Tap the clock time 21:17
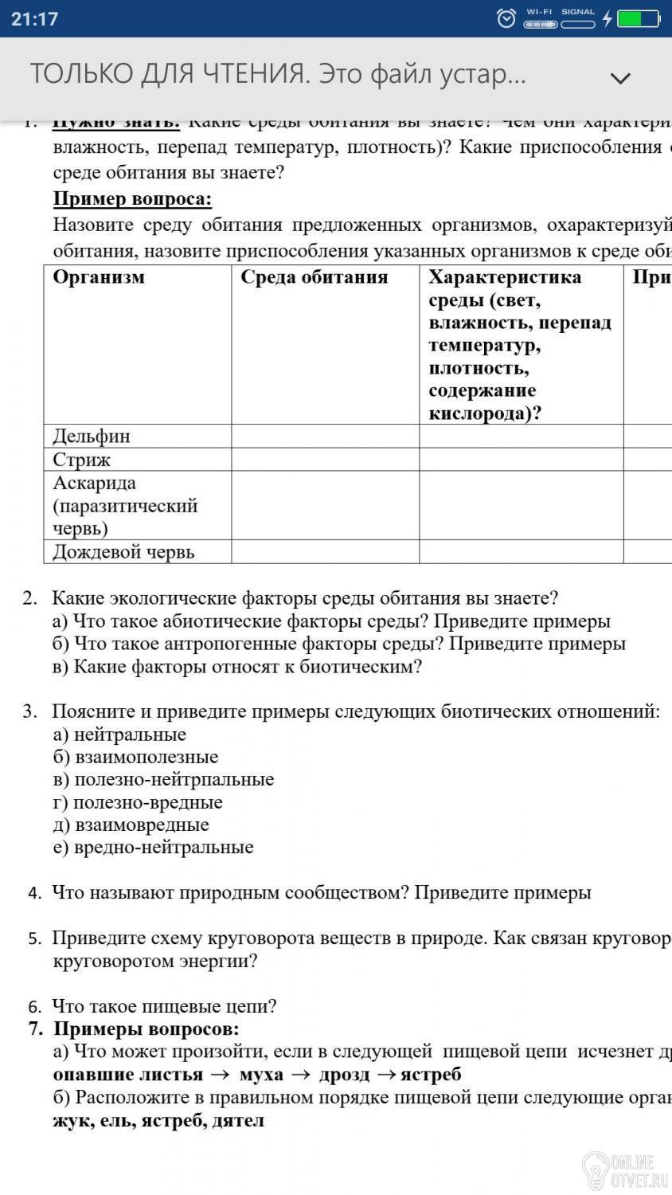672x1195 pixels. [35, 19]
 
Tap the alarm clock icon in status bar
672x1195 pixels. [506, 18]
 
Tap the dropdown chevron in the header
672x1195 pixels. [619, 77]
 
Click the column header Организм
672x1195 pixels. [99, 277]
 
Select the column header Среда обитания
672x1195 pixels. [314, 277]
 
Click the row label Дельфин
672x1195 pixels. [92, 436]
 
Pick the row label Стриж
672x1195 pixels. [82, 460]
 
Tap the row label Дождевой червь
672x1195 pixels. [123, 552]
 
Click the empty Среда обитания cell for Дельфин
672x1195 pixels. [325, 436]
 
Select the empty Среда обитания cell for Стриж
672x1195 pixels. [325, 460]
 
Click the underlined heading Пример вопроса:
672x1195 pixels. [132, 198]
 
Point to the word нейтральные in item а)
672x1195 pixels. [130, 735]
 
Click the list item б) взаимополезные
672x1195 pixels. [135, 757]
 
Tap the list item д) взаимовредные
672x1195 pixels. [131, 825]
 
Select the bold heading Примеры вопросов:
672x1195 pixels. [147, 1028]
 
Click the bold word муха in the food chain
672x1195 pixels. [261, 1075]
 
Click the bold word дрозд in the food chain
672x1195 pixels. [345, 1075]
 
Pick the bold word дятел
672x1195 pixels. [239, 1120]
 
